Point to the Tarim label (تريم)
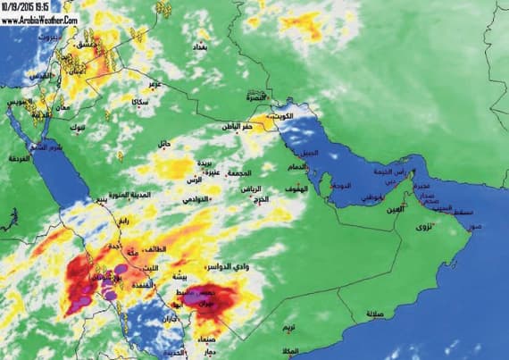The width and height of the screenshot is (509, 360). pyautogui.click(x=288, y=330)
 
